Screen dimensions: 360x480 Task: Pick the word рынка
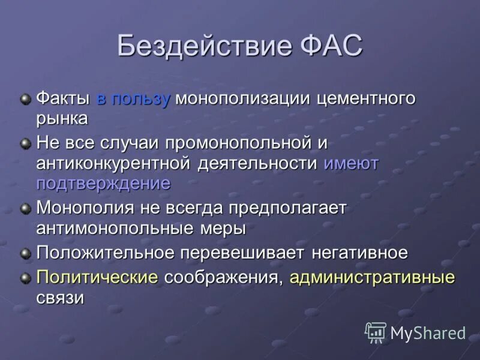coord(62,119)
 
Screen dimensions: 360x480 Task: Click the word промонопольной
coord(238,144)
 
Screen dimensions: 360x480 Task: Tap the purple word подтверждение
coord(103,184)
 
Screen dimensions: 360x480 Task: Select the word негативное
coord(359,253)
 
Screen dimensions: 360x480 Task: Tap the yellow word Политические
coord(97,277)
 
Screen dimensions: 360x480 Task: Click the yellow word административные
coord(372,277)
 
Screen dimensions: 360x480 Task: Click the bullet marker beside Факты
coord(25,99)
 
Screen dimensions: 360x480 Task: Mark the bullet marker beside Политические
coord(25,278)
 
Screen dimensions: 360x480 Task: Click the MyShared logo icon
coord(376,332)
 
